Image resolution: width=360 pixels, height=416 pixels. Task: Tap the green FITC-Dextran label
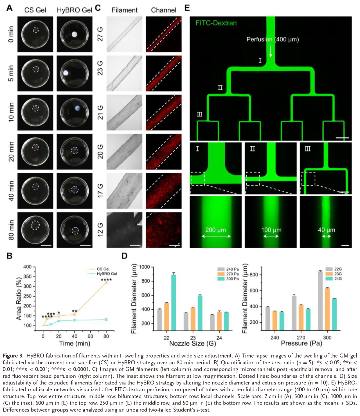(216, 23)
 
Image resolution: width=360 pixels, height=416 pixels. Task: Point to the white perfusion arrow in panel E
(271, 51)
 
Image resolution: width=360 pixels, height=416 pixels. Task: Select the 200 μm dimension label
(216, 230)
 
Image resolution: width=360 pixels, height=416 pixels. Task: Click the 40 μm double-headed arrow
(326, 236)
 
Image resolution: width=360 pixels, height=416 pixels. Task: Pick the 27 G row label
(100, 34)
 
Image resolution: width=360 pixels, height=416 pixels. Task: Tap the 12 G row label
(100, 230)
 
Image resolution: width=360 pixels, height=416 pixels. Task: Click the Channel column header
(164, 10)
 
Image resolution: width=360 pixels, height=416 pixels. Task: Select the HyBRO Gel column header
(74, 10)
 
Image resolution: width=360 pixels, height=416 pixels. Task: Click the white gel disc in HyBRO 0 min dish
(75, 34)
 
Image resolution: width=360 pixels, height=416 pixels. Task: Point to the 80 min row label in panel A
(11, 230)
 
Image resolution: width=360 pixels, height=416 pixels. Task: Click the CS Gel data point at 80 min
(106, 283)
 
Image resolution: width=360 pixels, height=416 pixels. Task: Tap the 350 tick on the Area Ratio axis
(28, 277)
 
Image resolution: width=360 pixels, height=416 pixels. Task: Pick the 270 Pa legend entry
(228, 274)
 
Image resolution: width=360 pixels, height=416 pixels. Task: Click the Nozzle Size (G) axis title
(193, 343)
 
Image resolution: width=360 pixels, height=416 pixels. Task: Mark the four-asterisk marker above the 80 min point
(106, 280)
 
